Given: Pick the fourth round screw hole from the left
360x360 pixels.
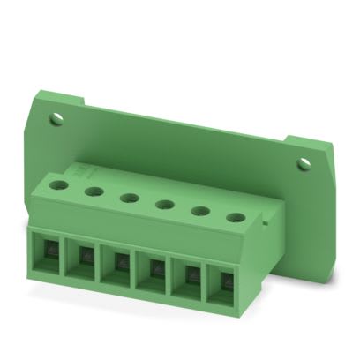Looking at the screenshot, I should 163,205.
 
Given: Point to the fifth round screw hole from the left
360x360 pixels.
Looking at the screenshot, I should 199,211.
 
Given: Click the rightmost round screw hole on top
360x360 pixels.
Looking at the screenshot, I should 235,218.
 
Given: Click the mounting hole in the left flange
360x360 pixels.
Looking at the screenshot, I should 57,117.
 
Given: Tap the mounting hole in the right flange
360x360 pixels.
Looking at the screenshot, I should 304,164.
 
